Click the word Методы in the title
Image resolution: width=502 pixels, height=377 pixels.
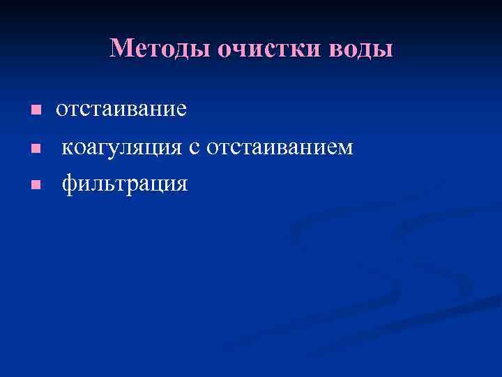click(x=160, y=48)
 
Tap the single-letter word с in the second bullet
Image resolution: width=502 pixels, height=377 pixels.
click(x=197, y=148)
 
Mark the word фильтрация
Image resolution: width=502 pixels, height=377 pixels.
click(x=125, y=184)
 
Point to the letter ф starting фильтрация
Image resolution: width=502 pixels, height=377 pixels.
click(x=69, y=185)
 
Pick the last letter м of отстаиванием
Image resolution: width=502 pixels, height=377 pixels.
click(x=345, y=149)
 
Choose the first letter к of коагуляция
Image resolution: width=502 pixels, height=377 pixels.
click(x=68, y=149)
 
